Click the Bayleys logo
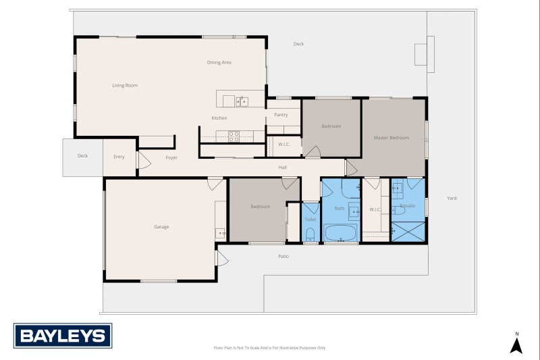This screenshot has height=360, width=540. pyautogui.click(x=63, y=336)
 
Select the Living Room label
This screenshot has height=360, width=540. pyautogui.click(x=125, y=86)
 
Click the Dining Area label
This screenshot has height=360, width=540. pyautogui.click(x=219, y=63)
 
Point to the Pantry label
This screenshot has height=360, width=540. pyautogui.click(x=281, y=115)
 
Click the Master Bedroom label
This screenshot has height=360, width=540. pyautogui.click(x=391, y=138)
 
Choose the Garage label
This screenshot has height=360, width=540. pyautogui.click(x=161, y=227)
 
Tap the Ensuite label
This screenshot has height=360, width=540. pyautogui.click(x=408, y=205)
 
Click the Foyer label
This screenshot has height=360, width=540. pyautogui.click(x=172, y=157)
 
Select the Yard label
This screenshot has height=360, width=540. pyautogui.click(x=452, y=199)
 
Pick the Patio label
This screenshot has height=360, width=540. pyautogui.click(x=283, y=256)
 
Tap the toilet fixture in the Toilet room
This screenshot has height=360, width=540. pyautogui.click(x=310, y=234)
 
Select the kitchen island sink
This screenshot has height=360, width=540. pyautogui.click(x=242, y=101)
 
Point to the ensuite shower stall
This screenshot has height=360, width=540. pyautogui.click(x=409, y=230)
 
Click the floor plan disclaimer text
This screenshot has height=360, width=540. pyautogui.click(x=269, y=348)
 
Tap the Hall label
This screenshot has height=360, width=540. pyautogui.click(x=283, y=167)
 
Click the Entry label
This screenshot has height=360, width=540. pyautogui.click(x=119, y=157)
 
